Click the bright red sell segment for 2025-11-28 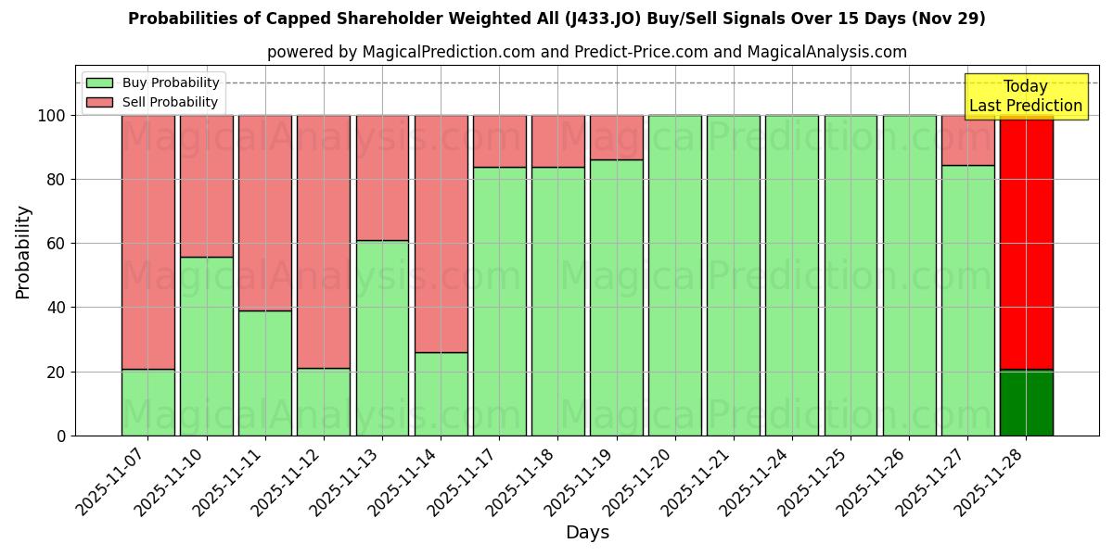(x=1026, y=241)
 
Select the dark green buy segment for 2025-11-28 (x=1026, y=403)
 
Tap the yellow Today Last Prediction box (x=1025, y=96)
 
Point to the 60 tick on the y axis (x=57, y=244)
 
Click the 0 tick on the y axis (x=61, y=436)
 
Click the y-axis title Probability (x=23, y=251)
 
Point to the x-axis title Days (x=587, y=533)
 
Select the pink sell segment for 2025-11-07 (x=147, y=241)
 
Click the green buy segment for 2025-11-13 (x=382, y=338)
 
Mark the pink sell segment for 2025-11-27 (x=967, y=140)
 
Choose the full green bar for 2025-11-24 (x=792, y=275)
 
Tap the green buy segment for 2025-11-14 (x=441, y=394)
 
